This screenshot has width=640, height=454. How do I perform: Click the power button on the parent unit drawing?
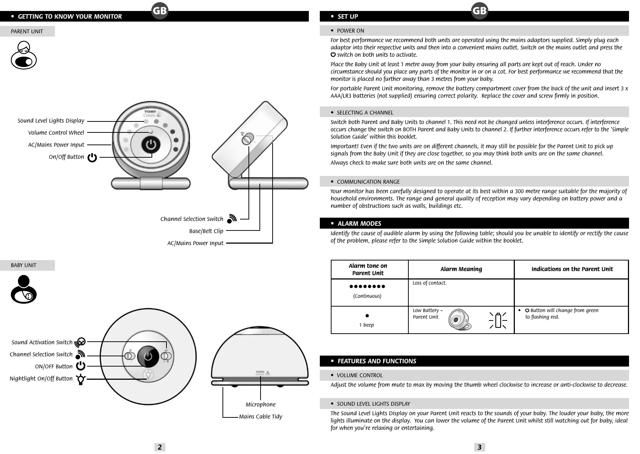pyautogui.click(x=151, y=145)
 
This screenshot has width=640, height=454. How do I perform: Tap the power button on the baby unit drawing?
pyautogui.click(x=148, y=356)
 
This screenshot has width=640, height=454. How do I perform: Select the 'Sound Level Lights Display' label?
pyautogui.click(x=51, y=121)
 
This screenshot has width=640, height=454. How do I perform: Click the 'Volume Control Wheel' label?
pyautogui.click(x=56, y=133)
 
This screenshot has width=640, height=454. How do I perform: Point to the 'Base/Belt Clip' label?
pyautogui.click(x=206, y=231)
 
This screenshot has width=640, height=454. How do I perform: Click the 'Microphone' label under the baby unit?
pyautogui.click(x=261, y=405)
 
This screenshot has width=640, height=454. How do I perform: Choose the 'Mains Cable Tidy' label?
pyautogui.click(x=261, y=417)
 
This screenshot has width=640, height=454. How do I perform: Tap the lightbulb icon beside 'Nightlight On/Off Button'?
pyautogui.click(x=81, y=379)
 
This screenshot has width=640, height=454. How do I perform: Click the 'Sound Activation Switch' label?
pyautogui.click(x=42, y=342)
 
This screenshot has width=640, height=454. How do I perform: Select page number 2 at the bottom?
pyautogui.click(x=160, y=447)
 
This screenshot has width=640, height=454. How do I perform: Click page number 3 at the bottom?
pyautogui.click(x=479, y=447)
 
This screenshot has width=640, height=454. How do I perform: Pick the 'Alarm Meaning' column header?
pyautogui.click(x=461, y=269)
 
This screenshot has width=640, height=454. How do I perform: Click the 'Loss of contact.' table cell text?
pyautogui.click(x=429, y=283)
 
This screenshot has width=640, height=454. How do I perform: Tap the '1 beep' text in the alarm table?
pyautogui.click(x=367, y=325)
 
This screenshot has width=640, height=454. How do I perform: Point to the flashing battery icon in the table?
pyautogui.click(x=498, y=320)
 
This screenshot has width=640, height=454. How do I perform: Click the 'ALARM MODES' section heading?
pyautogui.click(x=359, y=224)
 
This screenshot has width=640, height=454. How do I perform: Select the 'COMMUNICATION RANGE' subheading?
pyautogui.click(x=368, y=182)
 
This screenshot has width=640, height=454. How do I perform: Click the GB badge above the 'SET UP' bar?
pyautogui.click(x=479, y=11)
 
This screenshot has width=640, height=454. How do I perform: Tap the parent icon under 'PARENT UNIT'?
pyautogui.click(x=24, y=56)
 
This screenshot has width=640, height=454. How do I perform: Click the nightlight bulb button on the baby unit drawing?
pyautogui.click(x=148, y=374)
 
